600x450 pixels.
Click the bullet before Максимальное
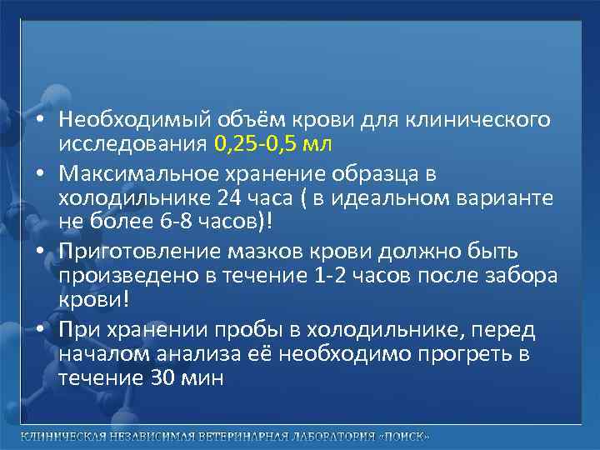[39, 174]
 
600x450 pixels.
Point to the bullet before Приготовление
[39, 251]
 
